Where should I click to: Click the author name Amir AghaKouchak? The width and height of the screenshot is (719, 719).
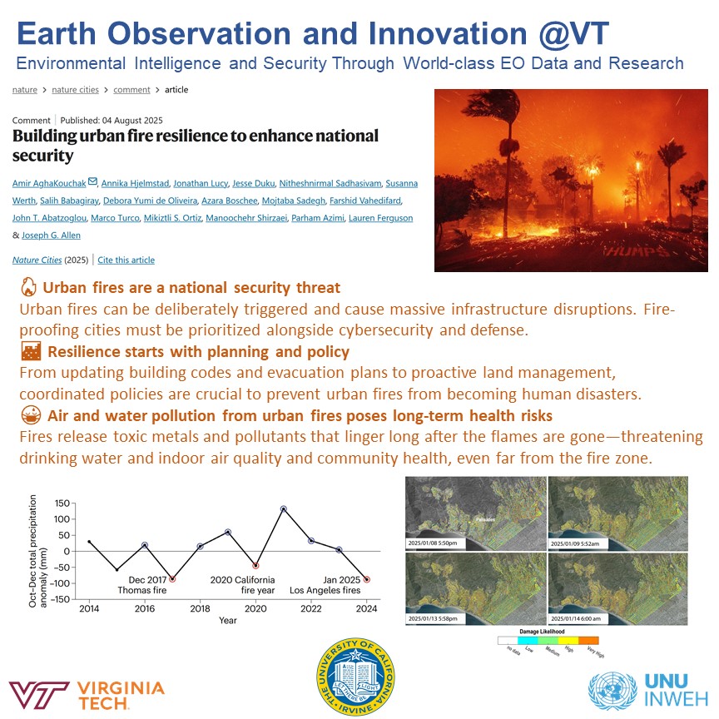49,182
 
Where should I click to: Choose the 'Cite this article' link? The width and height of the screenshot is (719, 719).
126,260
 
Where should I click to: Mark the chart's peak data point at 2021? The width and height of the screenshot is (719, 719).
284,508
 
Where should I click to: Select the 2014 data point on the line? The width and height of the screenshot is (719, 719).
89,542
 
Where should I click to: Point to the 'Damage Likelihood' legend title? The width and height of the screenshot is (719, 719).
548,631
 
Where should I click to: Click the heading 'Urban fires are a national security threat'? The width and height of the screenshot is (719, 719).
191,288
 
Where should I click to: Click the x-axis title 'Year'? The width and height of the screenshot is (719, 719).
227,620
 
